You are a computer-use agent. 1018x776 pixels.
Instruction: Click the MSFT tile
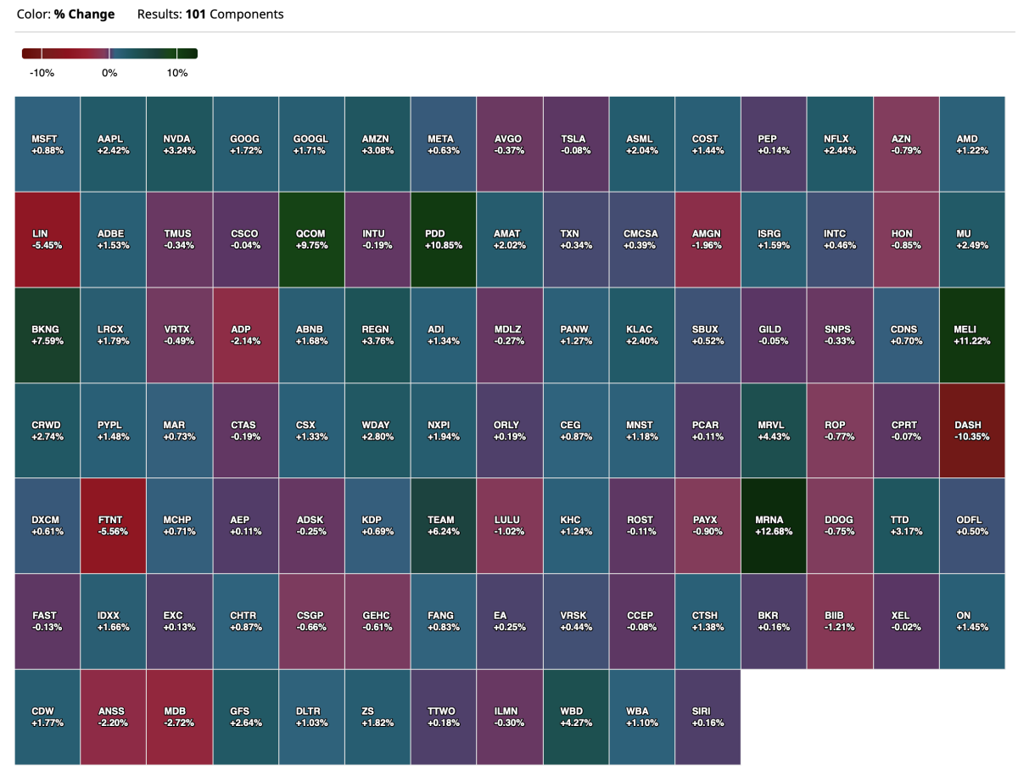point(48,144)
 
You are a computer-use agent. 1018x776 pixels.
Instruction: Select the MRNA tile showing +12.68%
point(774,525)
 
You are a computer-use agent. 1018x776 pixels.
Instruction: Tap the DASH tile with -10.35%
point(972,430)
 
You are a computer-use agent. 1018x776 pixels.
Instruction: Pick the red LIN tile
point(48,239)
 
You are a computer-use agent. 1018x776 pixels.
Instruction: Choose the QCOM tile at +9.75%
point(311,239)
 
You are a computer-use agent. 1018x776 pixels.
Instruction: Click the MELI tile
point(972,335)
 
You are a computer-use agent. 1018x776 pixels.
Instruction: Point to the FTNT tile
point(114,525)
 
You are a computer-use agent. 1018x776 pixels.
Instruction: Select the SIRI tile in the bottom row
point(708,717)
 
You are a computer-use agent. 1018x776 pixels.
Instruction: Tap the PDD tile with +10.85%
point(444,239)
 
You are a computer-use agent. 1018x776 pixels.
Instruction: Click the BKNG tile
point(48,335)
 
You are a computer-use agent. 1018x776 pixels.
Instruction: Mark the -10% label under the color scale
point(42,73)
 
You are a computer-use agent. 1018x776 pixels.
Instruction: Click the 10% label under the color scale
point(177,73)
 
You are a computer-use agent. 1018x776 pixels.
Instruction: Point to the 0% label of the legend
point(109,73)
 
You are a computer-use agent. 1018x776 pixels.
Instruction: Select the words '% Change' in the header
point(84,14)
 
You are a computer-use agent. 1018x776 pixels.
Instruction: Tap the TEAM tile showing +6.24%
point(444,525)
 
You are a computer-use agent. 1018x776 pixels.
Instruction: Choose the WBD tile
point(575,717)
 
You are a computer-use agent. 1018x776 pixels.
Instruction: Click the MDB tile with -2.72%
point(180,717)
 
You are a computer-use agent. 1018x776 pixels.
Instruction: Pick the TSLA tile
point(575,144)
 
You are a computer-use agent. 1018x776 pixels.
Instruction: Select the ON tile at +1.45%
point(972,621)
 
